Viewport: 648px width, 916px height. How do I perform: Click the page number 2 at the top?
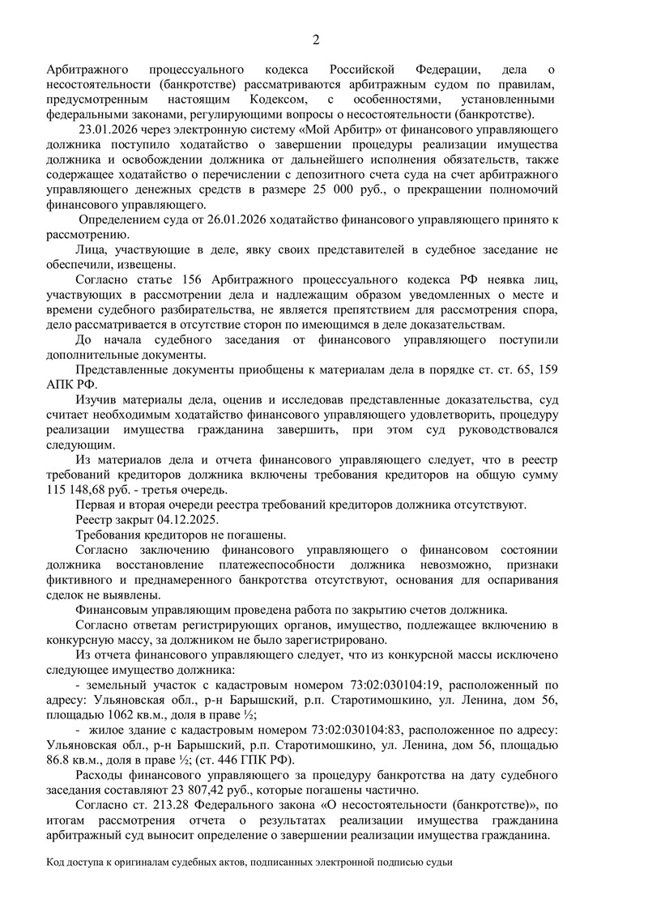[x=317, y=40]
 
